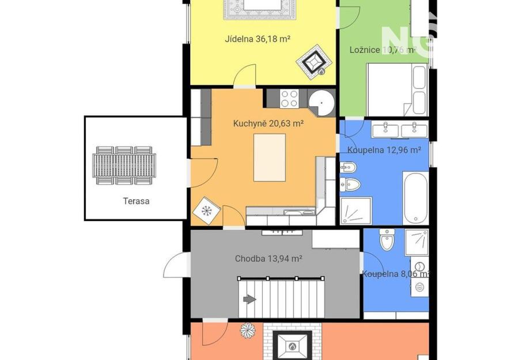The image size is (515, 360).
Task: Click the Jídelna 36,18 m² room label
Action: click(x=258, y=39)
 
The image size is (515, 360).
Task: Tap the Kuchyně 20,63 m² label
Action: click(x=268, y=123)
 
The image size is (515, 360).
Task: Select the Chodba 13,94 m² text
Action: click(x=268, y=259)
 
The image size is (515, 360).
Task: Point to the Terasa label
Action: click(x=136, y=201)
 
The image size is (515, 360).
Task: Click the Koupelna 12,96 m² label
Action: click(x=384, y=150)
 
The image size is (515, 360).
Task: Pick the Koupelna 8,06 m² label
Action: click(x=395, y=274)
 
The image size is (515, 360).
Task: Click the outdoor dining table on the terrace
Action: click(x=124, y=165)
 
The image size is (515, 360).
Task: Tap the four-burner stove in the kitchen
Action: click(x=289, y=98)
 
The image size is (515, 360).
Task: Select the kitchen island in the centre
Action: click(x=270, y=157)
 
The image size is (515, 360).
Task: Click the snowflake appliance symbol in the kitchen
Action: click(x=206, y=211)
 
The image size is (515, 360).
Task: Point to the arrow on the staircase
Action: click(x=249, y=300)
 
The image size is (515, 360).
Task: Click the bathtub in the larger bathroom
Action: click(x=415, y=198)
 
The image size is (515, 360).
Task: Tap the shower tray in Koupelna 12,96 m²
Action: click(x=356, y=211)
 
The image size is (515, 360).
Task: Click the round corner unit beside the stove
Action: click(x=321, y=103)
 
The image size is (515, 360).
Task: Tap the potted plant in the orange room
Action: click(x=248, y=330)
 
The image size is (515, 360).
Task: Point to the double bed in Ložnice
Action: click(x=397, y=90)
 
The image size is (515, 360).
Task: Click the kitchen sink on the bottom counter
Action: click(x=299, y=212)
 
